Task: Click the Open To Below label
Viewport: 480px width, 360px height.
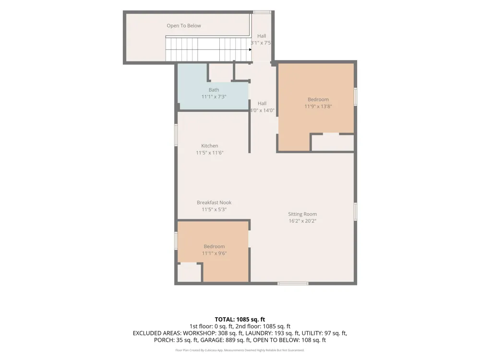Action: pyautogui.click(x=184, y=26)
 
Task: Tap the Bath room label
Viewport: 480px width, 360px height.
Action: pyautogui.click(x=214, y=90)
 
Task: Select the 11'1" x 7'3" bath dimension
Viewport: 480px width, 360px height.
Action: pyautogui.click(x=214, y=97)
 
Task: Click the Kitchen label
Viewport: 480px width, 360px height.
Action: pyautogui.click(x=210, y=146)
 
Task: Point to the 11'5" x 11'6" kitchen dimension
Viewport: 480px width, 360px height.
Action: pyautogui.click(x=210, y=153)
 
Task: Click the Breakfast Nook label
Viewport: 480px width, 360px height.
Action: pyautogui.click(x=214, y=203)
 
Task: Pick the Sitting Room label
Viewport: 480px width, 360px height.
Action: pyautogui.click(x=302, y=214)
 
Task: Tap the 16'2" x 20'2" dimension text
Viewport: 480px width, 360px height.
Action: pyautogui.click(x=302, y=221)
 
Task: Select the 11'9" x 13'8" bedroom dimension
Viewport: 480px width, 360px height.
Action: pyautogui.click(x=318, y=107)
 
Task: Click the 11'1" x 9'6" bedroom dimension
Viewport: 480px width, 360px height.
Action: pyautogui.click(x=214, y=253)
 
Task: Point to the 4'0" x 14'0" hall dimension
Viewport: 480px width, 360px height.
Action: pyautogui.click(x=262, y=110)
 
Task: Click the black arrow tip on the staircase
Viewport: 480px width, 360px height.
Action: pyautogui.click(x=251, y=49)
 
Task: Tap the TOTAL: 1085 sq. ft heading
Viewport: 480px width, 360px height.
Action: pyautogui.click(x=240, y=320)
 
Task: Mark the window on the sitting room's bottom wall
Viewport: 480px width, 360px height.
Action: pyautogui.click(x=293, y=284)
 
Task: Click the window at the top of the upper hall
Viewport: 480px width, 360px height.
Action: pyautogui.click(x=262, y=12)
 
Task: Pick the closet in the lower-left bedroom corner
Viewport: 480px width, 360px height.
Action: pyautogui.click(x=189, y=273)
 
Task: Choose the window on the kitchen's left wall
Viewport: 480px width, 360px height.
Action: pyautogui.click(x=176, y=135)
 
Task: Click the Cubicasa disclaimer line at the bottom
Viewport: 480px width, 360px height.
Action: pyautogui.click(x=240, y=350)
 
